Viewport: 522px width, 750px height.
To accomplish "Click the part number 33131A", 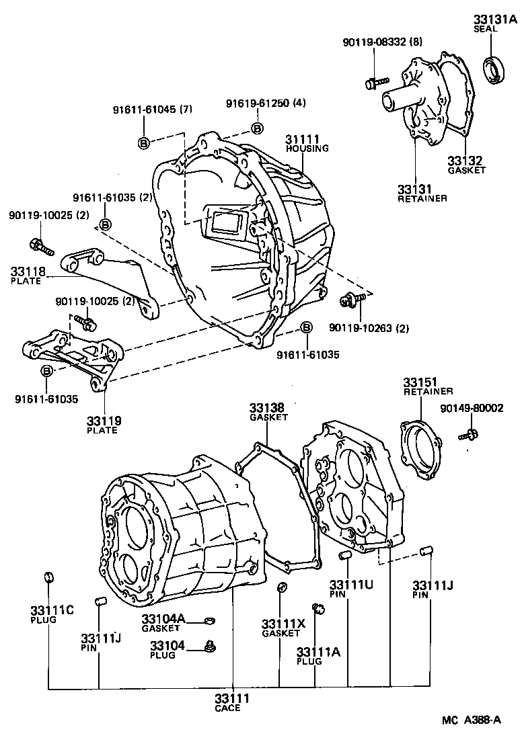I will pyautogui.click(x=495, y=19).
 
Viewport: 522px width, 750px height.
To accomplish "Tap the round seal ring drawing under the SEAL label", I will pyautogui.click(x=496, y=70).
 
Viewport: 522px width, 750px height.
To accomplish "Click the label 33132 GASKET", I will pyautogui.click(x=466, y=165).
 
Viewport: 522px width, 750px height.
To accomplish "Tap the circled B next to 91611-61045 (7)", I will pyautogui.click(x=143, y=142).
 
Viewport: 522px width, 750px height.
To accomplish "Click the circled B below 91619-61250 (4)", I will pyautogui.click(x=257, y=128).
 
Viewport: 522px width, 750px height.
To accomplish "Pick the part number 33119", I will pyautogui.click(x=103, y=421).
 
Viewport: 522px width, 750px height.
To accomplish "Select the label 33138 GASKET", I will pyautogui.click(x=267, y=412).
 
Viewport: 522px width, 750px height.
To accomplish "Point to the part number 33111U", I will pyautogui.click(x=351, y=585).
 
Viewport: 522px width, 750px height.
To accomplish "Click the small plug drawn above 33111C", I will pyautogui.click(x=48, y=577).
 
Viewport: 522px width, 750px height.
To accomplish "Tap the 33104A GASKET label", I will pyautogui.click(x=161, y=623).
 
